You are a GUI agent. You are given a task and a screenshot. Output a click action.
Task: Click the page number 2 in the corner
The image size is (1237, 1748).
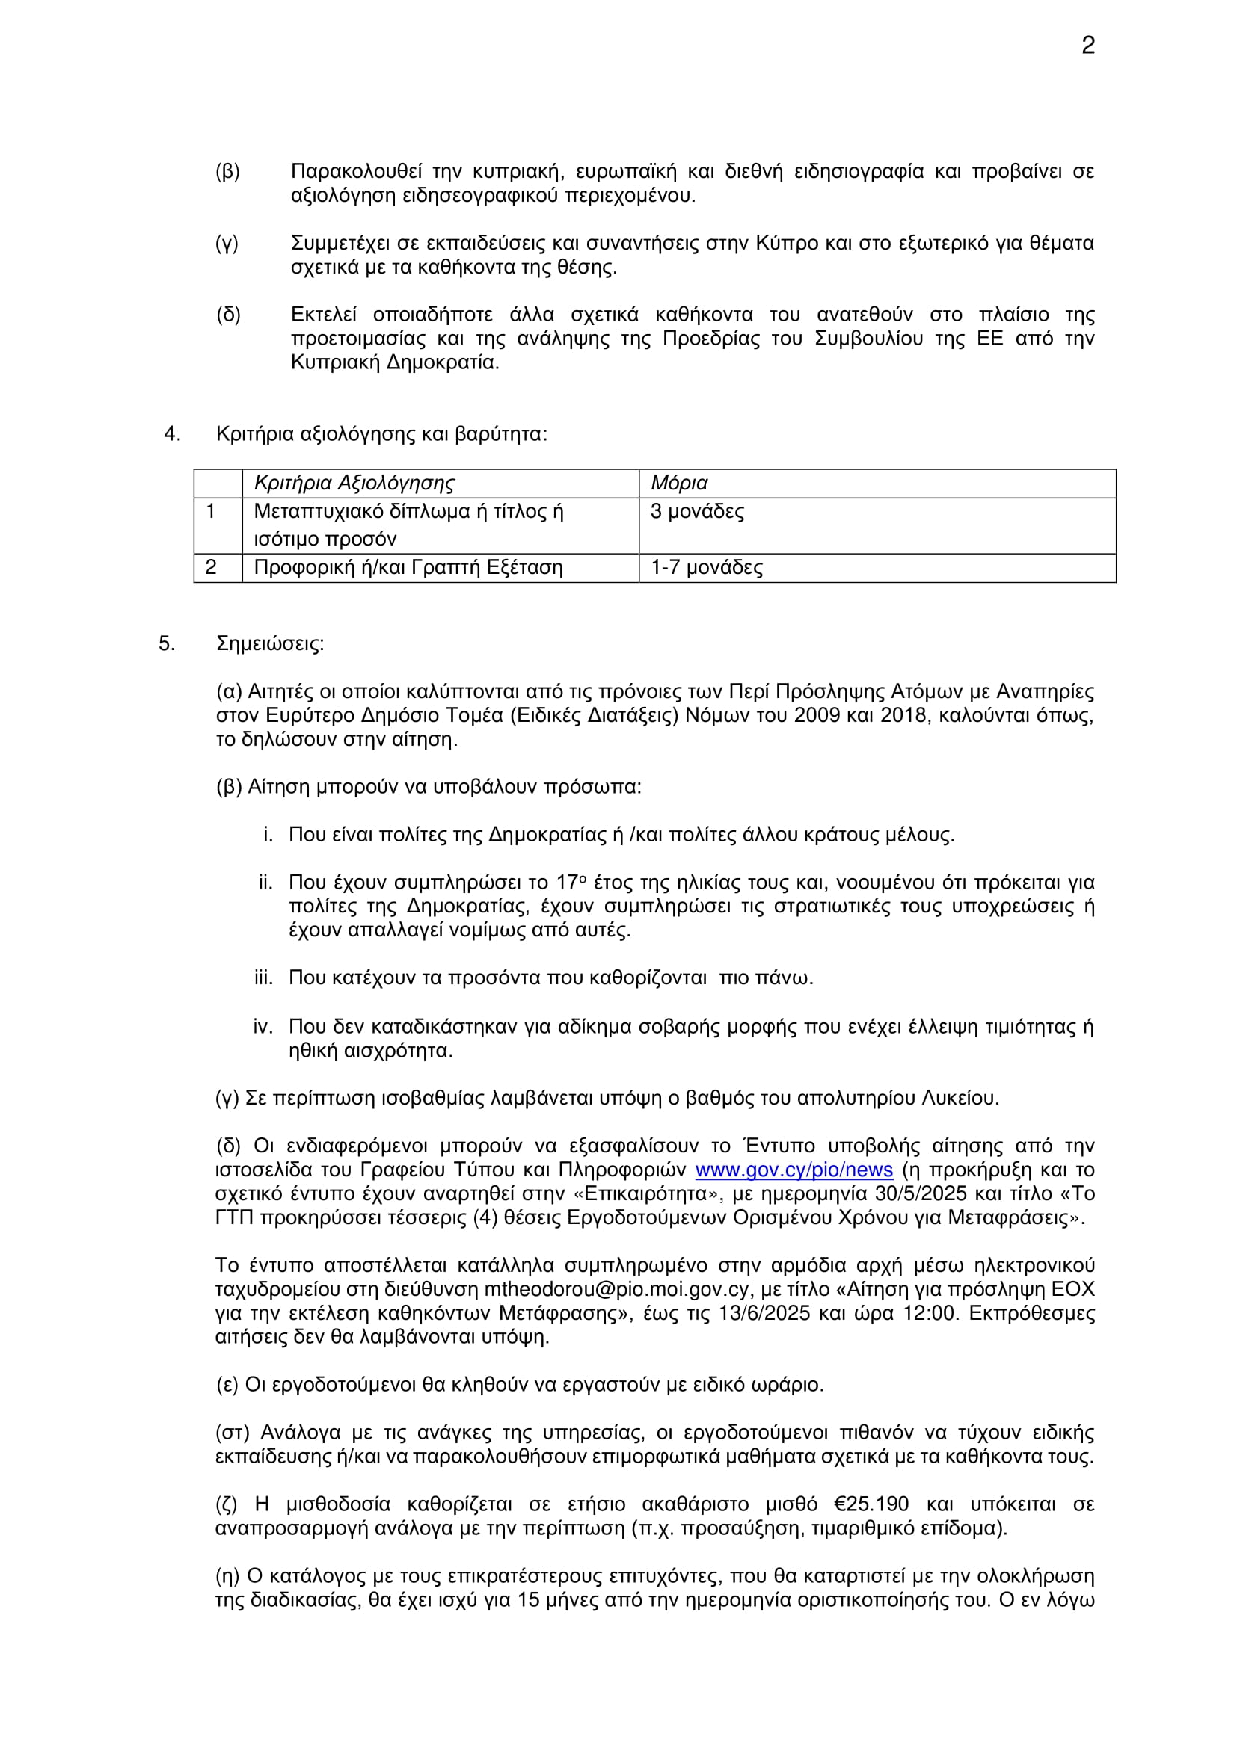pos(1087,46)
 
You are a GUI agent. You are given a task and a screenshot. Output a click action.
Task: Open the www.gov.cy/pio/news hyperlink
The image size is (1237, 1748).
pos(793,1170)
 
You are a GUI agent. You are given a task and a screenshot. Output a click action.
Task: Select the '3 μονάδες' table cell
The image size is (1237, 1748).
pos(697,512)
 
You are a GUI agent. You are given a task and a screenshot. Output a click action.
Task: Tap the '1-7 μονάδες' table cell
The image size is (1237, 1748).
pos(706,568)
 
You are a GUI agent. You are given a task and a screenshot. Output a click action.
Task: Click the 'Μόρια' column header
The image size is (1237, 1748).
pos(678,484)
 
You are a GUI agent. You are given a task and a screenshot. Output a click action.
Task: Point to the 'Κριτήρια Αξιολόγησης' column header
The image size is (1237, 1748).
pos(354,484)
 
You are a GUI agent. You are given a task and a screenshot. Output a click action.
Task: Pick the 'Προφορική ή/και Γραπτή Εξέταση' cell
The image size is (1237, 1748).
pos(408,568)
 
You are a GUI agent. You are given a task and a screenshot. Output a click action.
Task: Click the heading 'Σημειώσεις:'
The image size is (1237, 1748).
pos(271,644)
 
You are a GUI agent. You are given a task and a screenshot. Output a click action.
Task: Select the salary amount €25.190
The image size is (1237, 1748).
pos(871,1504)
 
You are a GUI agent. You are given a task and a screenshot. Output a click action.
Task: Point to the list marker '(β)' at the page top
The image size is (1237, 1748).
pos(228,172)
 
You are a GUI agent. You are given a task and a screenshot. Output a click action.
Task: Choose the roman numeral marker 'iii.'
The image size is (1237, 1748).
pos(263,978)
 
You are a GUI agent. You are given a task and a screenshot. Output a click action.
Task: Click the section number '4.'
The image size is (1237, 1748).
pos(172,435)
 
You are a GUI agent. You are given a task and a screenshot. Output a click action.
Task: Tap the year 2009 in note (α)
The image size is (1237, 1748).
pos(817,716)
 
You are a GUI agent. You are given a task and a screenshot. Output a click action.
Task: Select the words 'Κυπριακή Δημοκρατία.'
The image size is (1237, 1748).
pos(396,362)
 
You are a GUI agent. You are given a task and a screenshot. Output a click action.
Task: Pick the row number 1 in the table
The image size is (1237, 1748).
pos(211,512)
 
